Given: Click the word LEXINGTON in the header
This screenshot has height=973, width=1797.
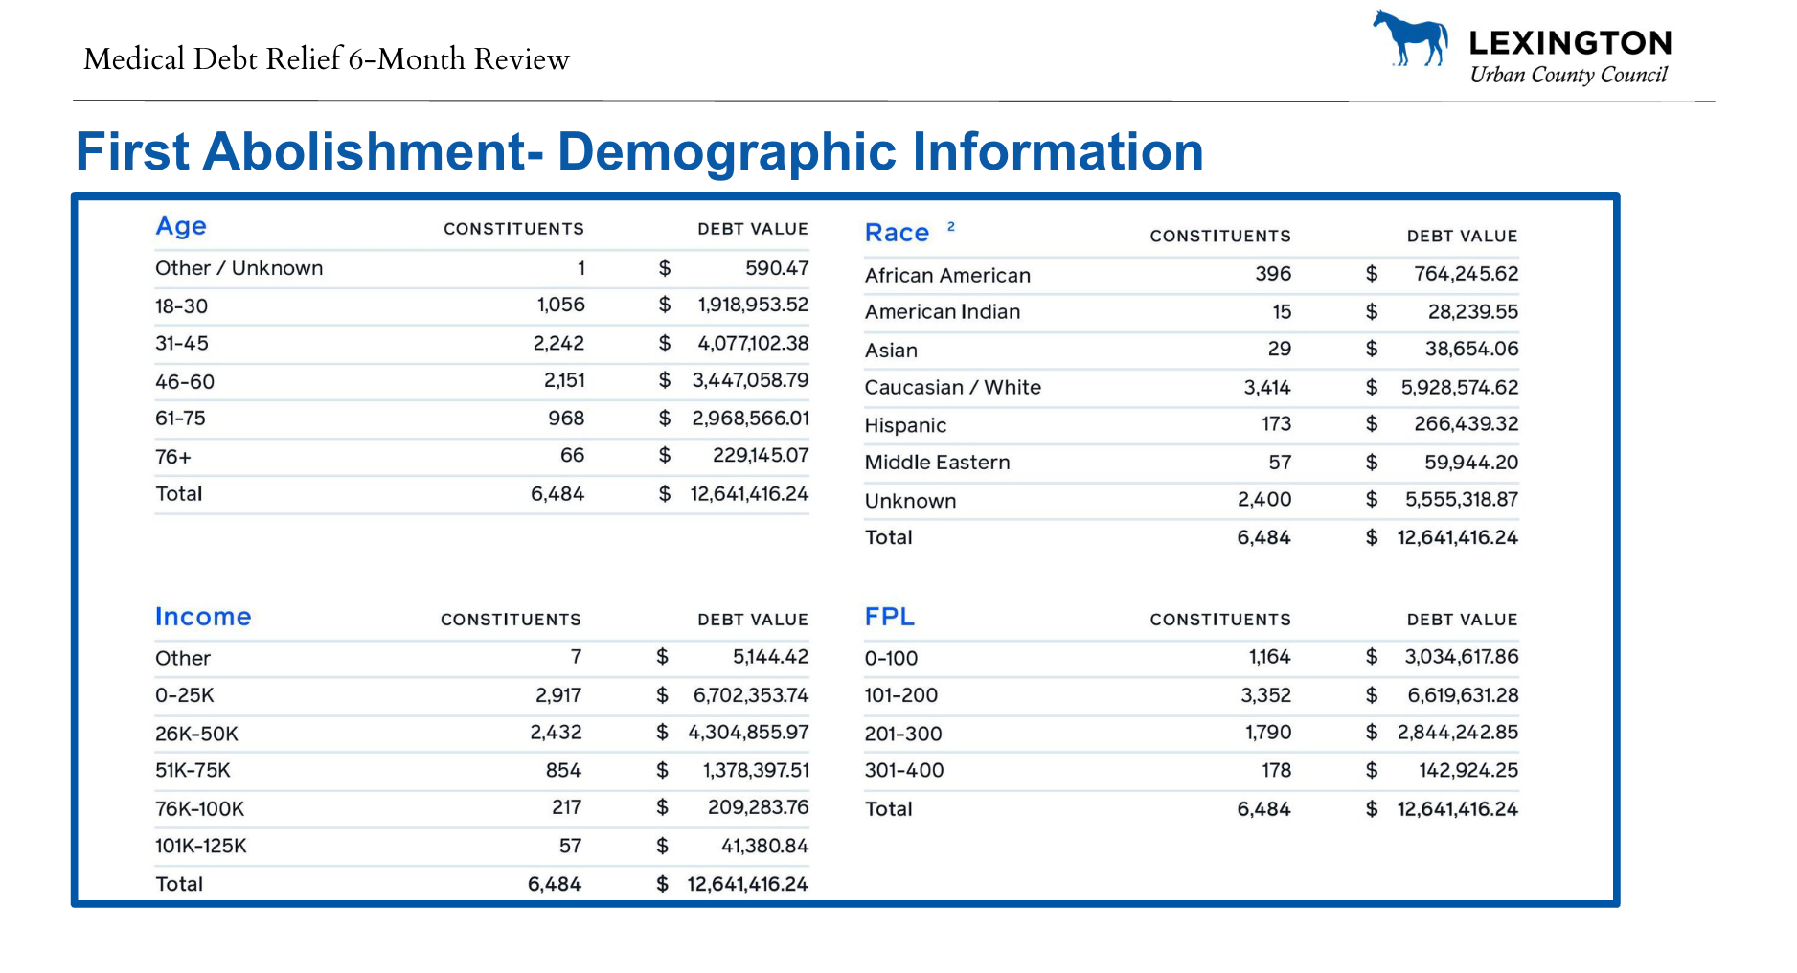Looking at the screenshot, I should point(1570,43).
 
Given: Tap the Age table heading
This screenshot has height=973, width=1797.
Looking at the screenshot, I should point(181,227).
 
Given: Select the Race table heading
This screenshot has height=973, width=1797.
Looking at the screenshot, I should point(897,233).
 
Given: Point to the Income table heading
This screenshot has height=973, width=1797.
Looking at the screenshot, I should point(203,617).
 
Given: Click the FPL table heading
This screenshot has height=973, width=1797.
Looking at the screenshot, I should point(890,617).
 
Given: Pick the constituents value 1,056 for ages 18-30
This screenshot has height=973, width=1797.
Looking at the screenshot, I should point(560,305).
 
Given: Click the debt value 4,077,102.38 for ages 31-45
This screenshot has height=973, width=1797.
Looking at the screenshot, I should point(753,343).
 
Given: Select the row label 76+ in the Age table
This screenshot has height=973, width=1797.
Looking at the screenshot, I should point(173,457).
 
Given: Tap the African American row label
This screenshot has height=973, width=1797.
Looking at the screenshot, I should point(947,275).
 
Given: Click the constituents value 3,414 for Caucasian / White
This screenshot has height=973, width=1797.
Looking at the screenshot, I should point(1267,388).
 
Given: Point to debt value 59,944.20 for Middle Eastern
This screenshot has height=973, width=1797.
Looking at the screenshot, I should point(1471,463).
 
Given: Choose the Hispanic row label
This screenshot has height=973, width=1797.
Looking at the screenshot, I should point(905,425).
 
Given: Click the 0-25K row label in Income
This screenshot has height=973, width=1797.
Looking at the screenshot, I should point(185,695).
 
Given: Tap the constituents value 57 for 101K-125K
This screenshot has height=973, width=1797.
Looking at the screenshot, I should point(570,846).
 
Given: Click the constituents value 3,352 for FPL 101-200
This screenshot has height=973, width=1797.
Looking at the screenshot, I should point(1265,695).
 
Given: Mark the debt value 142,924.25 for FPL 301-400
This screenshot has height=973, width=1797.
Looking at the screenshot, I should point(1468,771).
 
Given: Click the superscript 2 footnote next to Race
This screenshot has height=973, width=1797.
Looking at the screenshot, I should point(951,227).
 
